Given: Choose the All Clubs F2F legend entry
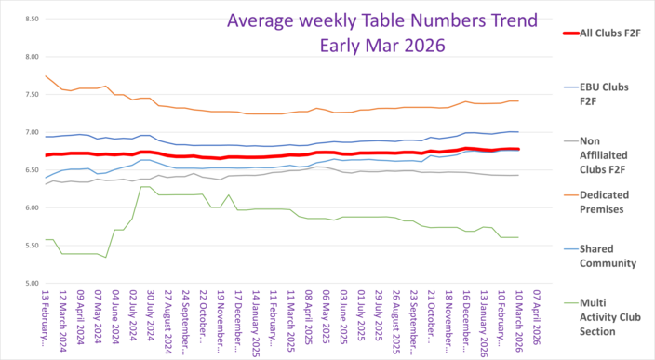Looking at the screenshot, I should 606,33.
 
